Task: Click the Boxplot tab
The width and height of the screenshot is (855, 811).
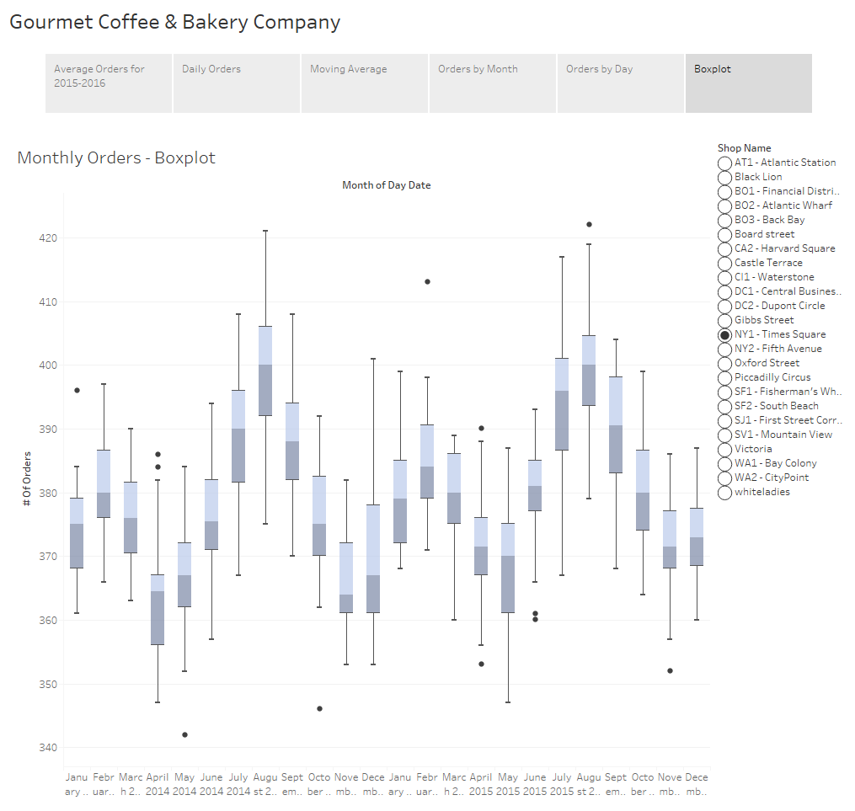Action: (x=748, y=83)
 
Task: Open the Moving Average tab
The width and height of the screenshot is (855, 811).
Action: (x=364, y=83)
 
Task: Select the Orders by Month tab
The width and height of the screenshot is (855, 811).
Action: (x=492, y=83)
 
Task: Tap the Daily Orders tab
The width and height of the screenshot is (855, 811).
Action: (x=236, y=83)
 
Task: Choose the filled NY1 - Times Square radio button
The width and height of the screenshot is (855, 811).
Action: (x=724, y=334)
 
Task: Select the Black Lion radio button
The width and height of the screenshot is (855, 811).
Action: (x=724, y=177)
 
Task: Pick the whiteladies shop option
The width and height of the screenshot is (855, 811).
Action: (x=724, y=492)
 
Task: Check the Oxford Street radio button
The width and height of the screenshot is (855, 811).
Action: (x=724, y=363)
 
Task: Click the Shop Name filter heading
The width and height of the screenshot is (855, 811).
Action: (x=744, y=148)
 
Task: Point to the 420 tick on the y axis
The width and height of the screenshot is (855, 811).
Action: (x=46, y=237)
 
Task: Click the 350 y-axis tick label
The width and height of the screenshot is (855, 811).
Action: (x=46, y=684)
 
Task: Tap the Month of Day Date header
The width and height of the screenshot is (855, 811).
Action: (x=386, y=185)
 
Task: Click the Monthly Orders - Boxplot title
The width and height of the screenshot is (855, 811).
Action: (x=116, y=157)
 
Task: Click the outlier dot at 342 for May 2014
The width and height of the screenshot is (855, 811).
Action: (x=184, y=734)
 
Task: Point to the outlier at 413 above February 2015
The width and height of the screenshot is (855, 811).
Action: (x=427, y=281)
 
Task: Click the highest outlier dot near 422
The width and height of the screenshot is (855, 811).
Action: (x=589, y=224)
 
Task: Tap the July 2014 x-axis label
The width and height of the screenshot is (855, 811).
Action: (x=238, y=783)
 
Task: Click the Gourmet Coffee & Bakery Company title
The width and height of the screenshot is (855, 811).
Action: (x=175, y=22)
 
